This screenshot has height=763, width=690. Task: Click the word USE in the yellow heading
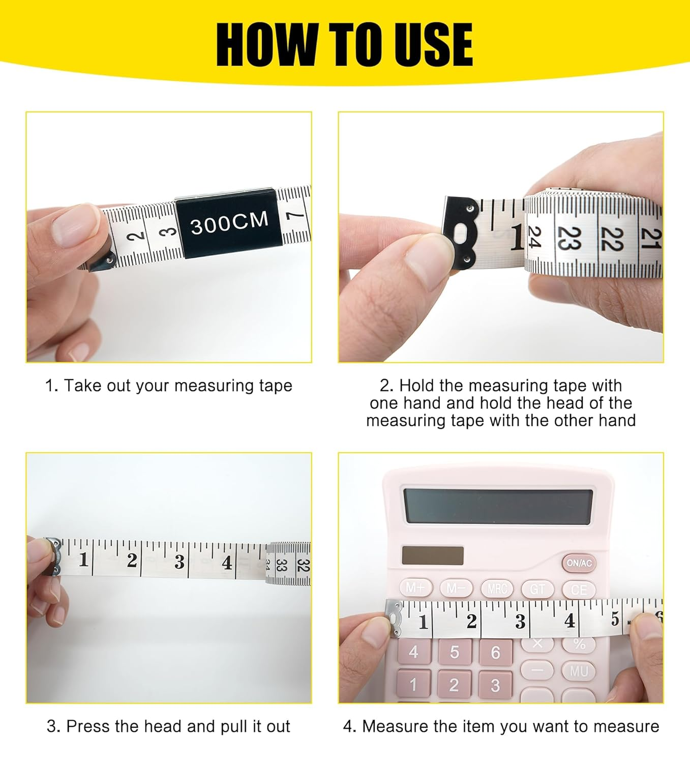pyautogui.click(x=429, y=45)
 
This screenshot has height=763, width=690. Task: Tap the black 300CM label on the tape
pyautogui.click(x=230, y=223)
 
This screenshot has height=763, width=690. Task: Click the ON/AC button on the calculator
pyautogui.click(x=579, y=563)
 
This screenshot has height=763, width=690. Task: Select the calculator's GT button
pyautogui.click(x=537, y=590)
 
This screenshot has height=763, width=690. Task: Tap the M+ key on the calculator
pyautogui.click(x=415, y=588)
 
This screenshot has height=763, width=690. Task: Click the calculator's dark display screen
pyautogui.click(x=498, y=507)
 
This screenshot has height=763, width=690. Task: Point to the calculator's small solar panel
pyautogui.click(x=433, y=555)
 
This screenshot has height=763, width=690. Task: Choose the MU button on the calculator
pyautogui.click(x=579, y=672)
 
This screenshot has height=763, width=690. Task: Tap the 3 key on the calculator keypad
pyautogui.click(x=495, y=686)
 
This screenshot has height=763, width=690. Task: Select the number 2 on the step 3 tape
pyautogui.click(x=132, y=560)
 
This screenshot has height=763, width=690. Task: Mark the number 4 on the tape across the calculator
pyautogui.click(x=569, y=621)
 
